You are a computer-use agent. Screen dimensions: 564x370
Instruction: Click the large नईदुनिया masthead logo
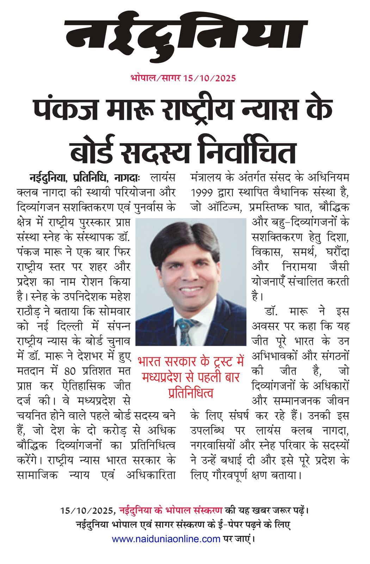[185, 39]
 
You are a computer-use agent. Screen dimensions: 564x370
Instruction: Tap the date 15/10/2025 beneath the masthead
[209, 78]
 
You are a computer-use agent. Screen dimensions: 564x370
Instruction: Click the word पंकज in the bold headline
[65, 110]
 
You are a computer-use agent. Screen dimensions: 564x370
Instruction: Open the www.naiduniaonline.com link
[166, 539]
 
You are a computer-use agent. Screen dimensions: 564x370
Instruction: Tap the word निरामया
[304, 267]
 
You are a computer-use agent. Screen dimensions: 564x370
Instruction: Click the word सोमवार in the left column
[112, 312]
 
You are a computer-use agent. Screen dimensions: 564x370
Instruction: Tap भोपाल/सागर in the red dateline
[155, 78]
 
